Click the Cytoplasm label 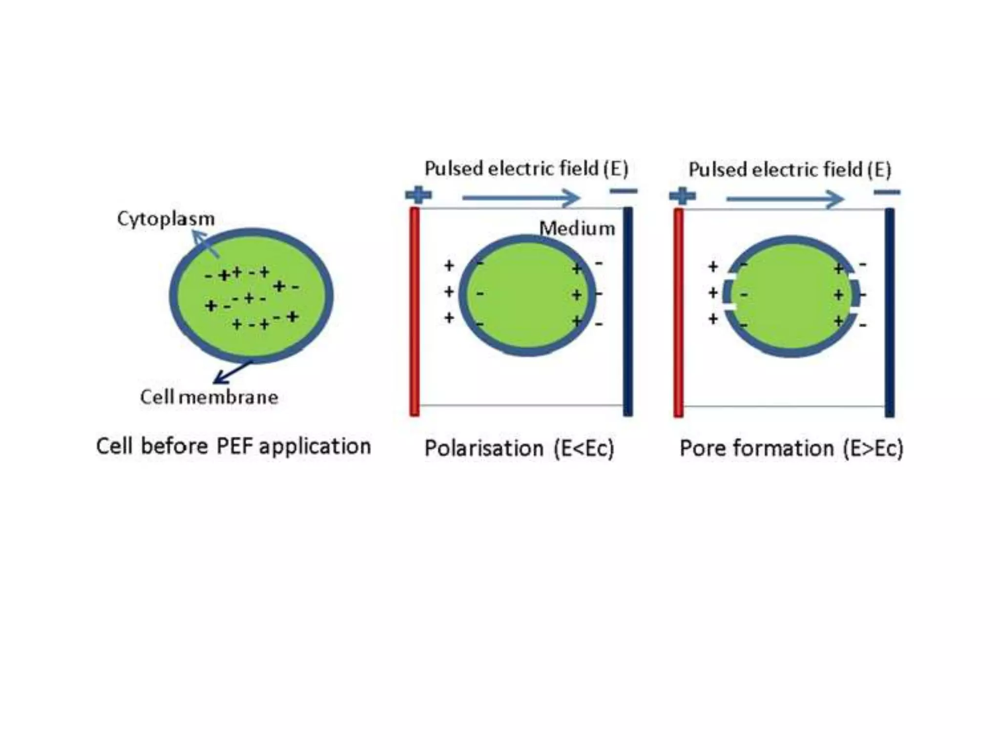166,219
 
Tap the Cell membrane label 209,397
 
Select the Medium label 577,229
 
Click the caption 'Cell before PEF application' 233,446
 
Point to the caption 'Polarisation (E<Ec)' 519,448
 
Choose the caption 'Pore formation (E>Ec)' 791,448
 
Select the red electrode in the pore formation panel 678,312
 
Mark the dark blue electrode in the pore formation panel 890,312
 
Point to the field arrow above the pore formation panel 785,199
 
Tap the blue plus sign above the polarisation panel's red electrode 418,195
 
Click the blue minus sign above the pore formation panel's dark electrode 887,192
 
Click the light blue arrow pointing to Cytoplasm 205,244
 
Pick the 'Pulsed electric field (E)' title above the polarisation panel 526,168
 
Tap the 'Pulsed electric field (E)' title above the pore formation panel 790,170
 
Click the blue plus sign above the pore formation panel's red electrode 682,196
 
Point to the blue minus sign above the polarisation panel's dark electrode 624,191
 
